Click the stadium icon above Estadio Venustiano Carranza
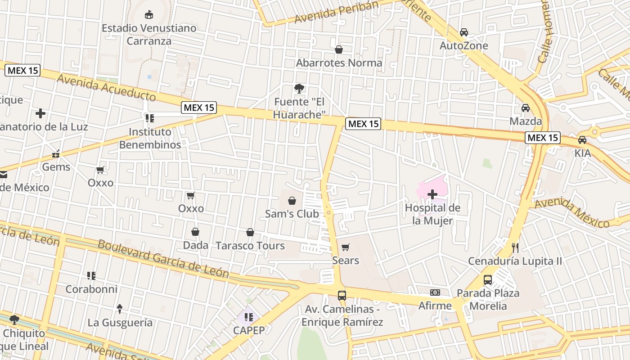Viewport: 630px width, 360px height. pos(149,15)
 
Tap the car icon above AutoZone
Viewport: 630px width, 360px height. pos(464,32)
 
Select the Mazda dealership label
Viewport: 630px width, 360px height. pos(526,121)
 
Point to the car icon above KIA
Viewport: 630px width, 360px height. pos(582,139)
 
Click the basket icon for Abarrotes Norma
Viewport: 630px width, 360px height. pos(339,49)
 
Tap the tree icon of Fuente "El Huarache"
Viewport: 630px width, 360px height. pos(299,88)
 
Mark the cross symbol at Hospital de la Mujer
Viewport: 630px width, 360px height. pos(432,194)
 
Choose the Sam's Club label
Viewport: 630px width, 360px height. pos(292,214)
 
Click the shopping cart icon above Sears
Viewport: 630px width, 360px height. pos(346,247)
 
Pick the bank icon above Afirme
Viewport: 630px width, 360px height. pos(435,292)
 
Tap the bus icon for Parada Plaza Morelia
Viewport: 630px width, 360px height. pos(488,280)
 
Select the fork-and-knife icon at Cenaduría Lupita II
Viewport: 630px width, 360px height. pos(515,247)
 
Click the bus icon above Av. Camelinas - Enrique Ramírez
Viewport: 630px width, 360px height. pos(342,296)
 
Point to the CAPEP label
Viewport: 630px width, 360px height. pos(249,330)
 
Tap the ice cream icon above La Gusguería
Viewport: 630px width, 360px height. pos(120,309)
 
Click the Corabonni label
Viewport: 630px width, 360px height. pos(91,289)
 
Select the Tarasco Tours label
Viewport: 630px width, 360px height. pos(250,246)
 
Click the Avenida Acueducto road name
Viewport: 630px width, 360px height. pos(107,88)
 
